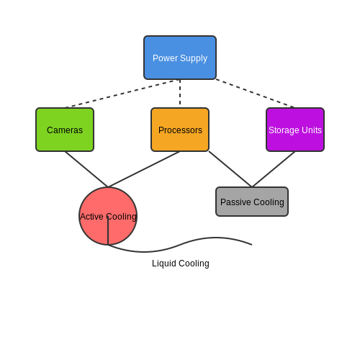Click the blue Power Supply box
tap(180, 58)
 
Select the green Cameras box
tap(65, 130)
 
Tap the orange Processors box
tap(180, 130)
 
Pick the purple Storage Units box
tap(295, 130)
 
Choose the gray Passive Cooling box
tap(252, 202)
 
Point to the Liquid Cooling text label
tap(181, 264)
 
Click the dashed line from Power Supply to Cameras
tap(122, 94)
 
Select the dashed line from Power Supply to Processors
tap(180, 92)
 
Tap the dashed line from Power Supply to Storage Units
tap(256, 94)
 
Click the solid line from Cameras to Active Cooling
tap(86, 169)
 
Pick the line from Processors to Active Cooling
tap(144, 169)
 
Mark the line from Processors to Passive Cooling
tap(230, 169)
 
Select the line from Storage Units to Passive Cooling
tap(274, 169)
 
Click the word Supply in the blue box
tap(194, 58)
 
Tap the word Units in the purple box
tap(312, 130)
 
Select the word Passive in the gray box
tap(235, 202)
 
